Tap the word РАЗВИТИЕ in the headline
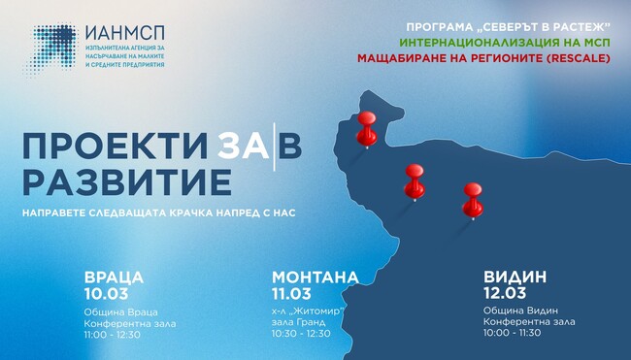(x=126, y=181)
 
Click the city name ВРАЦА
(x=114, y=277)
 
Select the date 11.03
(x=291, y=292)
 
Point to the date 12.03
(x=504, y=292)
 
